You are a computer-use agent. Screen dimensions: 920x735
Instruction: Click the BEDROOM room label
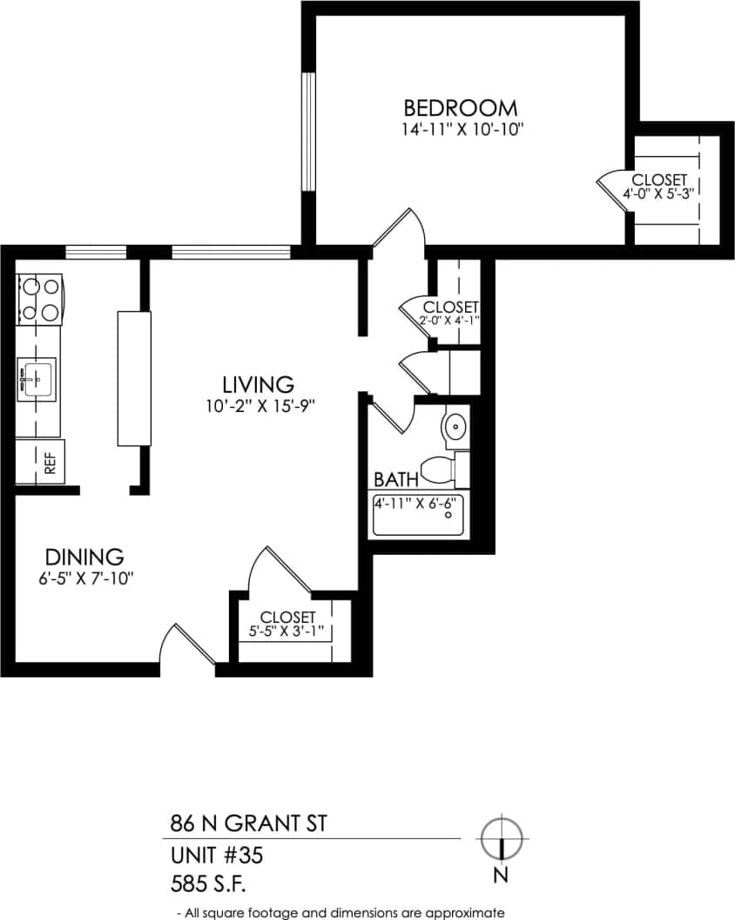pos(461,108)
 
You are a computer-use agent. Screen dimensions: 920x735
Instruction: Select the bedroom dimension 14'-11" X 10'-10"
pos(461,130)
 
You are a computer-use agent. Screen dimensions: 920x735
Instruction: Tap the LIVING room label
pos(257,383)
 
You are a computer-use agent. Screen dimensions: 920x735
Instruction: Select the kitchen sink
pos(37,379)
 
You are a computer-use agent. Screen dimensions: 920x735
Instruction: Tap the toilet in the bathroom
pos(440,470)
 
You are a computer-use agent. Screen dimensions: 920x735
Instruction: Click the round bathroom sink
pos(455,428)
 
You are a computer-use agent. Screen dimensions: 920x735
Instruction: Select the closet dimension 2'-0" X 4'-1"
pos(449,321)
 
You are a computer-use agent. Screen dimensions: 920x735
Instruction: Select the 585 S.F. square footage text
pos(209,885)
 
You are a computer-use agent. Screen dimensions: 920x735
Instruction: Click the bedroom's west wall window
pos(307,132)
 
